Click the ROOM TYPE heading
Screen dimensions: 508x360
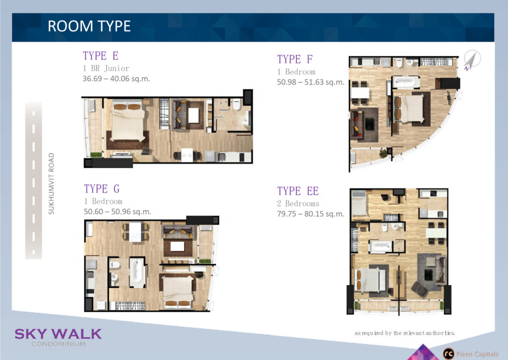click(89, 26)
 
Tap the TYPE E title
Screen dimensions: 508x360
click(100, 56)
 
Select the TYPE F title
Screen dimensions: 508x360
click(295, 60)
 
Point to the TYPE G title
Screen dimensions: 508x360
click(102, 189)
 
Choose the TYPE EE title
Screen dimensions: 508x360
click(298, 191)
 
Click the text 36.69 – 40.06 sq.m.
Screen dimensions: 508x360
click(116, 79)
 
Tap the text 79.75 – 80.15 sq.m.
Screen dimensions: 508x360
click(311, 214)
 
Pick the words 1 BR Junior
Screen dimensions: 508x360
click(106, 69)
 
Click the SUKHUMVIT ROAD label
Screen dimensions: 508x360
click(51, 184)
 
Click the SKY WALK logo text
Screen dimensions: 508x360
click(58, 334)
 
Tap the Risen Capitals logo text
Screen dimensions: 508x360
click(477, 354)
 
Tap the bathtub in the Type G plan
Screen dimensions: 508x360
click(137, 272)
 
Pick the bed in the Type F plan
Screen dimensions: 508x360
click(409, 108)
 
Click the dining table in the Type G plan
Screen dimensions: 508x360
click(135, 231)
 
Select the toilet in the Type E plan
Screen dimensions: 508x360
click(237, 104)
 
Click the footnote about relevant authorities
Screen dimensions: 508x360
click(405, 333)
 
